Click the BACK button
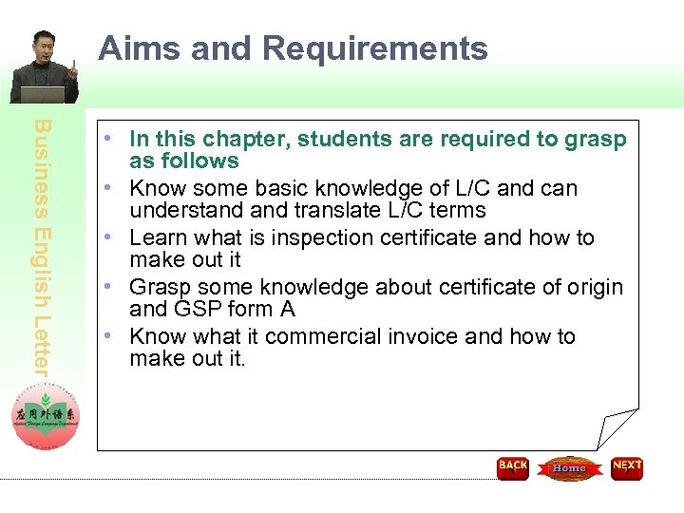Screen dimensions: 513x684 (513, 467)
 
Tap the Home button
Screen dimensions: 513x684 (569, 467)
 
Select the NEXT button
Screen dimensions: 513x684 (627, 467)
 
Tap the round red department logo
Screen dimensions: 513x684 (46, 415)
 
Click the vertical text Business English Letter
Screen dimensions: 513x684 (45, 247)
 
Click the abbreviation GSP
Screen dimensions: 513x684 (198, 309)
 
